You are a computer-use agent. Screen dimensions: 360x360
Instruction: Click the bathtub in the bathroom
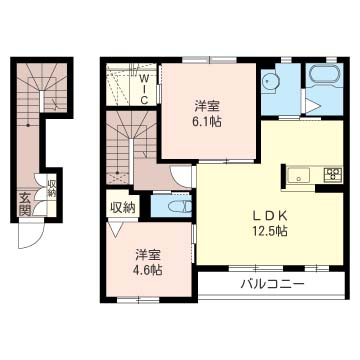click(325, 75)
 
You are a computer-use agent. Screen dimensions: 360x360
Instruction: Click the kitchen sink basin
click(299, 175)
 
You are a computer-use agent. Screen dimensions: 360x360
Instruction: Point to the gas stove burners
click(333, 175)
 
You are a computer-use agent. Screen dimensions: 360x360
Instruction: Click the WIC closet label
click(144, 89)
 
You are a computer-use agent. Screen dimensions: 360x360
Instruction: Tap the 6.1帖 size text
click(207, 122)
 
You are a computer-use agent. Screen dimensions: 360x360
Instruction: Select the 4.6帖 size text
click(149, 269)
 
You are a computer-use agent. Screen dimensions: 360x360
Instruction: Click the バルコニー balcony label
click(273, 284)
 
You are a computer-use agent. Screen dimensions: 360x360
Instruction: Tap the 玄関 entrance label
click(25, 204)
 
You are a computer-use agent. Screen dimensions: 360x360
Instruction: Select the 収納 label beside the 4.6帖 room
click(123, 208)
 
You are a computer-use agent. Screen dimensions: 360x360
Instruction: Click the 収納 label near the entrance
click(52, 189)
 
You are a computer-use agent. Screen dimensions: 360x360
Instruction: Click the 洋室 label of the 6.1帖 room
click(207, 107)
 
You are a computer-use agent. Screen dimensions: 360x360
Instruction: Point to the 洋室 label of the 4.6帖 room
click(149, 255)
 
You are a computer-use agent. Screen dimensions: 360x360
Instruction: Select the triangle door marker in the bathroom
click(312, 106)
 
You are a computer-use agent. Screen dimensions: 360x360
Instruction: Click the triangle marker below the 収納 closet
click(116, 229)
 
